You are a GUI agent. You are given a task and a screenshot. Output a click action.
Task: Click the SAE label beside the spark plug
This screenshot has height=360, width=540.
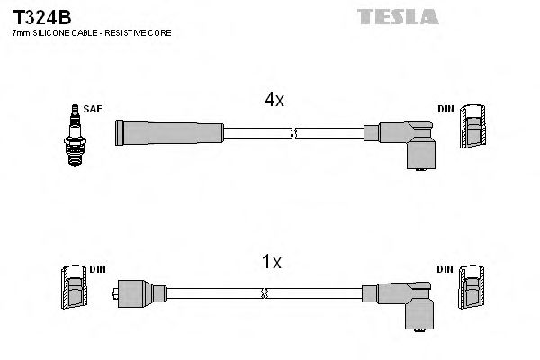[x=93, y=109]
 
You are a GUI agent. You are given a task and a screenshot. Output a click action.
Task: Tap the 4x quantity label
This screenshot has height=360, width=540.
[x=274, y=101]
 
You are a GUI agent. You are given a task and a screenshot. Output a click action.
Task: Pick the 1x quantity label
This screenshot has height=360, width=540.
[x=272, y=262]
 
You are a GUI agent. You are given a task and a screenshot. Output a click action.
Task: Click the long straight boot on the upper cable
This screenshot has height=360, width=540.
[x=168, y=132]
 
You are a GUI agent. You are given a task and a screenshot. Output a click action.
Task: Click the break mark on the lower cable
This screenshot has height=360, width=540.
[x=263, y=294]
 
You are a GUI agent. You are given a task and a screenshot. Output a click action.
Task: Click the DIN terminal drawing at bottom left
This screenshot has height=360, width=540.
[x=73, y=292]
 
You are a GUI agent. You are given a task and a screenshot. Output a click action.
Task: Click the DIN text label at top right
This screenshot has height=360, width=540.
[x=445, y=109]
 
